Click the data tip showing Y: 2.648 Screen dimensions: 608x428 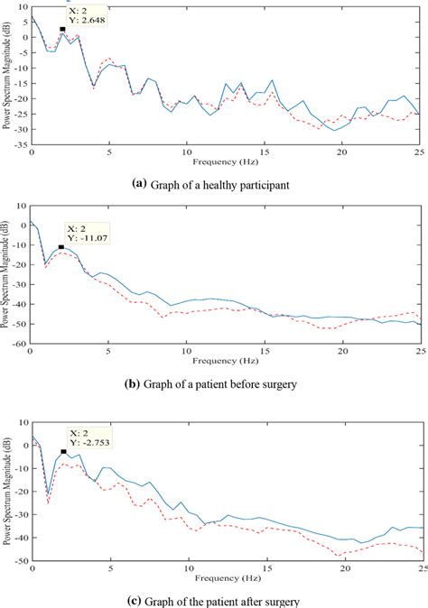(x=88, y=16)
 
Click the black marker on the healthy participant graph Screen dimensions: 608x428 (x=62, y=30)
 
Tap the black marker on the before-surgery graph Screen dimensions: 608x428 (x=61, y=246)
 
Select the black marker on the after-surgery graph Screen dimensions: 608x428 (x=63, y=451)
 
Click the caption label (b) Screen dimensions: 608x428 (x=130, y=383)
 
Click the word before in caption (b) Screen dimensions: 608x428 (x=263, y=383)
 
